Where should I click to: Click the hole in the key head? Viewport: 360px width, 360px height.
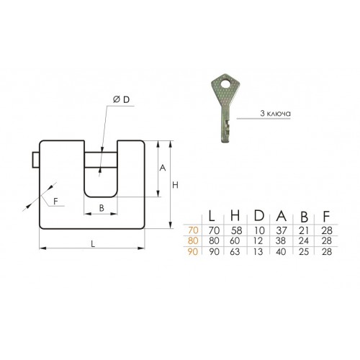click(225, 84)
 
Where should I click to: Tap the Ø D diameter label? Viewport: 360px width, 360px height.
click(121, 99)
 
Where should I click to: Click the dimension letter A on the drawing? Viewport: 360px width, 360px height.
click(163, 168)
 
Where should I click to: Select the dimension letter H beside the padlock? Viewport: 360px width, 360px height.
click(176, 185)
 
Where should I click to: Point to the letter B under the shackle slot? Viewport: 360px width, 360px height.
click(102, 208)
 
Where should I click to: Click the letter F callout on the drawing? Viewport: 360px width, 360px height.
click(55, 201)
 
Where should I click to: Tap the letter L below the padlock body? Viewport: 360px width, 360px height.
click(93, 244)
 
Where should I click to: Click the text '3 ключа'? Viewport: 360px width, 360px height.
click(275, 113)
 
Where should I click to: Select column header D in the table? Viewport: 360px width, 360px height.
click(259, 215)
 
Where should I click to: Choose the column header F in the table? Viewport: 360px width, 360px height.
click(326, 216)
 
